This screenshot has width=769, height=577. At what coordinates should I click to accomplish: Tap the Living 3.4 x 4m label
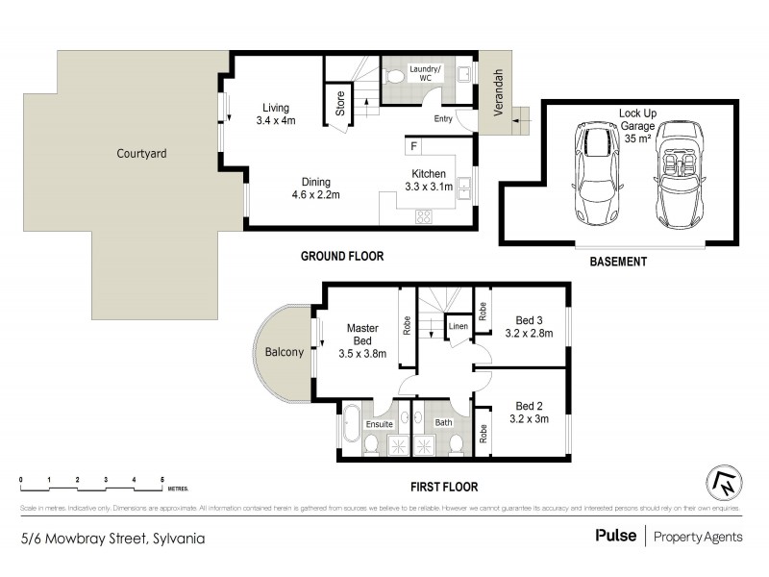276,114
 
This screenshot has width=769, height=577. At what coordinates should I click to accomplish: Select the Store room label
340,104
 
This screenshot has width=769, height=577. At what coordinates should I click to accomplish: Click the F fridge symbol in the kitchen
413,147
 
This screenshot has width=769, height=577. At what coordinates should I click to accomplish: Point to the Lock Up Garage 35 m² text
636,125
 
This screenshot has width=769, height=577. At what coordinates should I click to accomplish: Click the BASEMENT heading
618,261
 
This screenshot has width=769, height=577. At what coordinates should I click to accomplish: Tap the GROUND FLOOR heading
342,257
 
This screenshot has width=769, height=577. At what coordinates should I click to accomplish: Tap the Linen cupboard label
459,328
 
